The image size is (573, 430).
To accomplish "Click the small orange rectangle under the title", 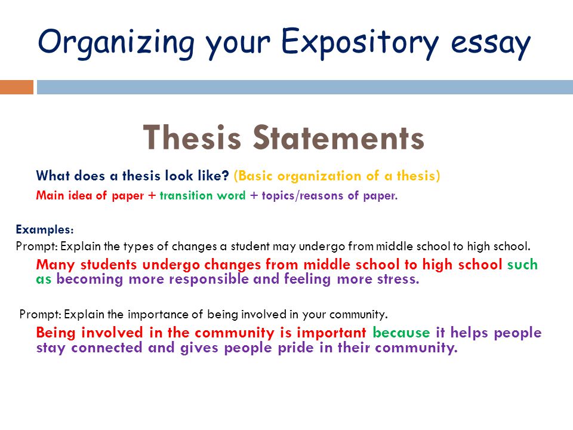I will click(17, 87).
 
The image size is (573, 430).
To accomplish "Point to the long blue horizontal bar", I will click(304, 87).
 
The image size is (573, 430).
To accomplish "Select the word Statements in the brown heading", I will click(339, 137).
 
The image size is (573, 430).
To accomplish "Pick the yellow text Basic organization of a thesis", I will click(337, 176).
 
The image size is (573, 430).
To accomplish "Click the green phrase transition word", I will click(202, 195).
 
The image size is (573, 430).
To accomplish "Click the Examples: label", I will click(45, 229).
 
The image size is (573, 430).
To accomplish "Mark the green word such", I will click(522, 265).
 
